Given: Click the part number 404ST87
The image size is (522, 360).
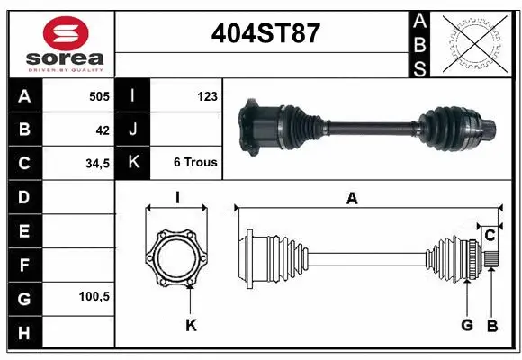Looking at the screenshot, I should pos(263,33).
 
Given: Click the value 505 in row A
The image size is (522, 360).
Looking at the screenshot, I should pos(98,96).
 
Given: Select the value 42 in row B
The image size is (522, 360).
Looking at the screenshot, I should pos(103,130).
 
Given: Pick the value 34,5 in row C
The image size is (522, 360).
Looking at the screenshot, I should pos(96,164).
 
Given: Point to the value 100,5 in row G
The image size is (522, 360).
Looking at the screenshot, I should pos(94,296).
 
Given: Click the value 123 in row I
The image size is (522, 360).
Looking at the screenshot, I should pos(206,96).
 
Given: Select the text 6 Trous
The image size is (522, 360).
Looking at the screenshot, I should pos(195,163).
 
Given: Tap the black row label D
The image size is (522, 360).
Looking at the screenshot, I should pos(22,196).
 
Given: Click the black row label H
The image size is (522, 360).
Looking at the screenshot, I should pos(22,334).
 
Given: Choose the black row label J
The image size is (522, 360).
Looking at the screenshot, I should pos(132,130).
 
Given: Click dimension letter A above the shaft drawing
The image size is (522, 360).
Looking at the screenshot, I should pos(352,199).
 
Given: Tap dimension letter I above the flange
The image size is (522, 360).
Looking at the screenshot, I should pos(177,198).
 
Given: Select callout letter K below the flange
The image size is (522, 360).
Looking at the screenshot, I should pos(191,325).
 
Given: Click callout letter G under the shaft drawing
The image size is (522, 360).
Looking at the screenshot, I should pos(467,325).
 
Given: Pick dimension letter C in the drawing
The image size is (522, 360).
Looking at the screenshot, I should pos(490,237).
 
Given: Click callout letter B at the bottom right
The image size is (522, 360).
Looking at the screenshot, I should pos(492,325).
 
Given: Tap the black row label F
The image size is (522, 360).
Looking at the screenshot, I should pos(22,265).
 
